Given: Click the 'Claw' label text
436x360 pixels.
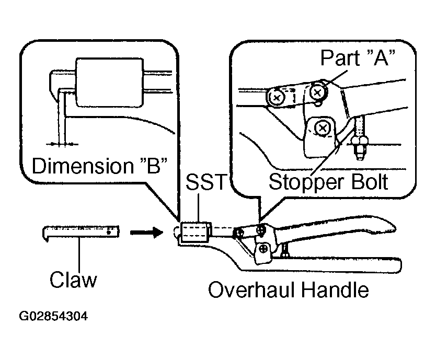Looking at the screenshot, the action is (x=73, y=279).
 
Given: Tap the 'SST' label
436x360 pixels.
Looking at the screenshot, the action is (x=206, y=182).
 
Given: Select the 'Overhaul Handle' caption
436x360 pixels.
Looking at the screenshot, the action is (x=289, y=290).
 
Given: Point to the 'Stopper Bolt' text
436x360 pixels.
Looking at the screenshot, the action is (x=328, y=182).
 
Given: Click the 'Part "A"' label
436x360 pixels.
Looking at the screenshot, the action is (x=358, y=57).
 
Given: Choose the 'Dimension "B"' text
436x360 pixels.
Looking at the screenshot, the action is (x=100, y=166).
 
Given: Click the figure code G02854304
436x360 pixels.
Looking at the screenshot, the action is (x=53, y=316).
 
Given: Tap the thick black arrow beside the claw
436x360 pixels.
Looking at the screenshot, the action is (x=147, y=232).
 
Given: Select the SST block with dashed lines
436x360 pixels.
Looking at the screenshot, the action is (x=195, y=232).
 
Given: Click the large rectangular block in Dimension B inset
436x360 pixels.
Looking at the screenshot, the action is (x=110, y=83).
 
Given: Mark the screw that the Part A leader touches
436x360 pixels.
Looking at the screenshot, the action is (x=318, y=92).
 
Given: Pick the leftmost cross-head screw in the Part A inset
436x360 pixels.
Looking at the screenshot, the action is (x=277, y=98).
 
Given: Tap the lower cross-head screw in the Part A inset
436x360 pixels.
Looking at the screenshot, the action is (x=323, y=129).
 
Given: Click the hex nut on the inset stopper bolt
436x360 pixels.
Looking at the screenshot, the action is (x=360, y=142).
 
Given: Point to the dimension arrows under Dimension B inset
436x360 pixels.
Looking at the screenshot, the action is (x=62, y=144).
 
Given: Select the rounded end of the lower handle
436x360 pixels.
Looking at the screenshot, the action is (x=397, y=265).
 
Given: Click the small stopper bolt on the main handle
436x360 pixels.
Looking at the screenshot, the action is (x=284, y=250).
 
